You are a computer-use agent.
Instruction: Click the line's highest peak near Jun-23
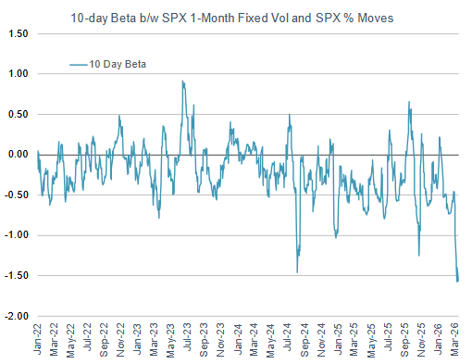tap(182, 81)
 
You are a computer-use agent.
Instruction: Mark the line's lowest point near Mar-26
tap(458, 282)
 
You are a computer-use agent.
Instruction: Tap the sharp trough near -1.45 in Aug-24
tap(297, 271)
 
